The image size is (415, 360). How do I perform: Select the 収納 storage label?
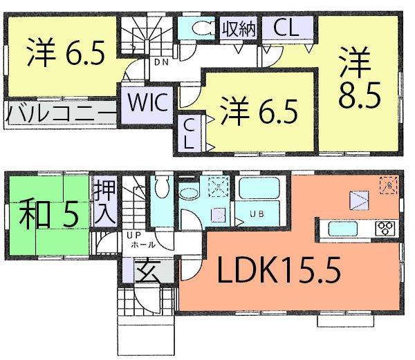click(239, 29)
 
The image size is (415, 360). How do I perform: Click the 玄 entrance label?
click(145, 269)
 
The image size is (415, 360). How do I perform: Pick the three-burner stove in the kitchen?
click(384, 227)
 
